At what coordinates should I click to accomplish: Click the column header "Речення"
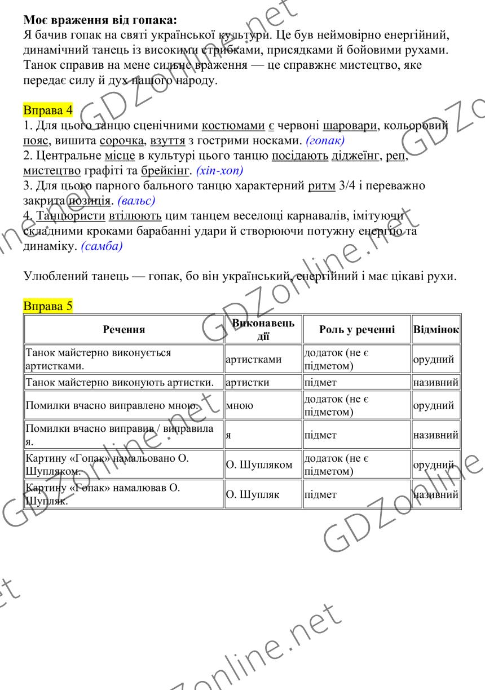[124, 329]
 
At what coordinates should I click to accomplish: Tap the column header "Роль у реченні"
[356, 329]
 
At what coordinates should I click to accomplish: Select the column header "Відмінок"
[436, 329]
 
